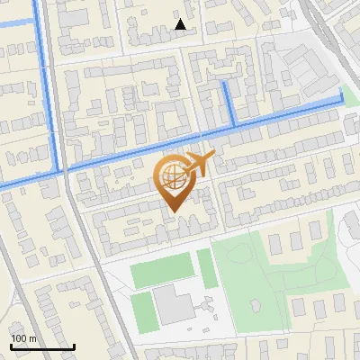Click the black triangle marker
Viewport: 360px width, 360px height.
(x=181, y=25)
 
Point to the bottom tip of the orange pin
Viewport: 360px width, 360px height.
(x=172, y=211)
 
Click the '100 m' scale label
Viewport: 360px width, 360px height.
(x=23, y=338)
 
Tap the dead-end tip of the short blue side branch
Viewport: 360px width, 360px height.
(x=224, y=83)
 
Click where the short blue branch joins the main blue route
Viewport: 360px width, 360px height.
(x=233, y=124)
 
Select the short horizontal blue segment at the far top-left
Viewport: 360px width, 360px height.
(x=16, y=24)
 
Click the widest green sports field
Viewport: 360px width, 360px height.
(x=162, y=274)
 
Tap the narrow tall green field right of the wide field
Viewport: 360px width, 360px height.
(x=207, y=268)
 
